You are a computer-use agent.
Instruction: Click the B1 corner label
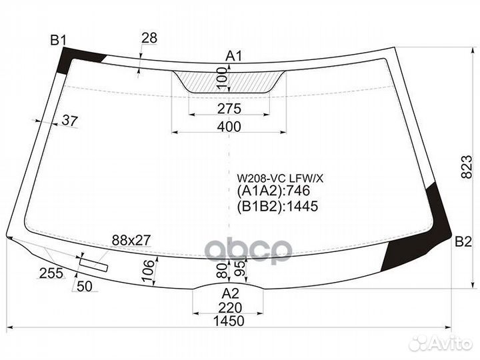(58, 40)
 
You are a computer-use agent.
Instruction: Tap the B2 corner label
(463, 242)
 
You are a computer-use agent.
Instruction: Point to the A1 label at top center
(234, 56)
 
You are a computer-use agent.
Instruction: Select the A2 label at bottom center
(230, 293)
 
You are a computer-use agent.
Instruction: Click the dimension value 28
(149, 38)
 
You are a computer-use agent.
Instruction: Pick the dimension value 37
(70, 121)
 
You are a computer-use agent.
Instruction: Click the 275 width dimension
(229, 109)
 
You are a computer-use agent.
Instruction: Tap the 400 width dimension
(229, 127)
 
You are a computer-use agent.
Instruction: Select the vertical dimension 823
(467, 167)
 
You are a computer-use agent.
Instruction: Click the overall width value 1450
(229, 321)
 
